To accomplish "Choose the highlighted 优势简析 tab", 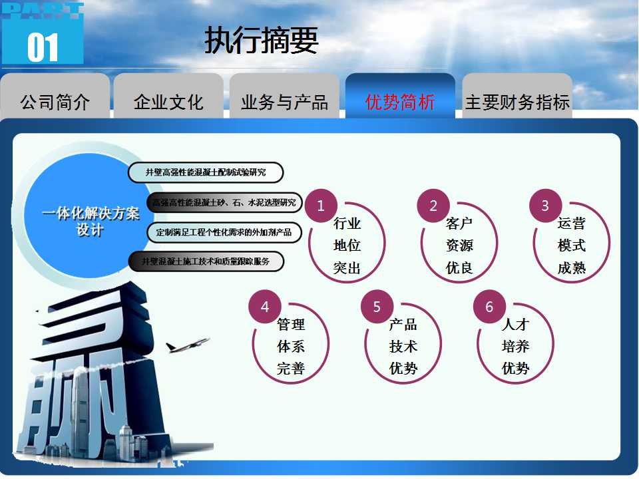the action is tap(400, 96).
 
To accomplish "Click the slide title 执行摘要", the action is tap(261, 40).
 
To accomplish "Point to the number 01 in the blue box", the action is tap(43, 48).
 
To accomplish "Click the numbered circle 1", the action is tap(321, 206).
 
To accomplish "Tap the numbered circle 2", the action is tap(433, 206).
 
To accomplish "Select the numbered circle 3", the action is tap(545, 206).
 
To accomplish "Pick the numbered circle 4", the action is tap(265, 306).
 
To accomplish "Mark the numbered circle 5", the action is tap(377, 306).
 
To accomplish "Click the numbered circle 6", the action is tap(489, 306).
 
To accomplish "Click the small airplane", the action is tap(187, 345).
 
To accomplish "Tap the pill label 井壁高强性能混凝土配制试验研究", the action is tap(206, 172).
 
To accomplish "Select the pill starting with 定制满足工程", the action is tap(224, 233).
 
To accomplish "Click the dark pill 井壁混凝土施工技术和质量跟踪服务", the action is tap(206, 261).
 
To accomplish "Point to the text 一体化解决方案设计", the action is tap(91, 221).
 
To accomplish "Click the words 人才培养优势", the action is tap(515, 347).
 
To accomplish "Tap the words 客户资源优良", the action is tap(459, 245).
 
